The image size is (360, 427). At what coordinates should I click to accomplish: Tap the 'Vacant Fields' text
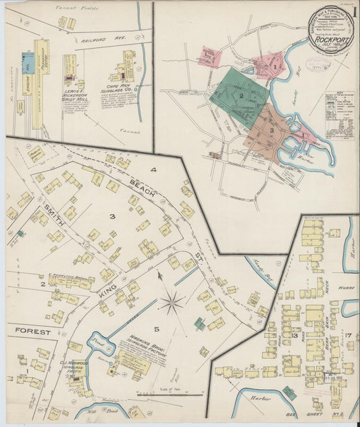(78, 9)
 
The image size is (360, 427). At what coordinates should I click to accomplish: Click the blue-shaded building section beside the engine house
(27, 64)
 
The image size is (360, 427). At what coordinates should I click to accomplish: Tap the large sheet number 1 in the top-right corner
(354, 13)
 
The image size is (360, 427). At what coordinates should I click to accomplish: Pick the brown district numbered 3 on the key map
(271, 130)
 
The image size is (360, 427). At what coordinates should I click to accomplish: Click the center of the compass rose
(171, 301)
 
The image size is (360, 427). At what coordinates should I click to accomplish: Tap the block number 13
(294, 336)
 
